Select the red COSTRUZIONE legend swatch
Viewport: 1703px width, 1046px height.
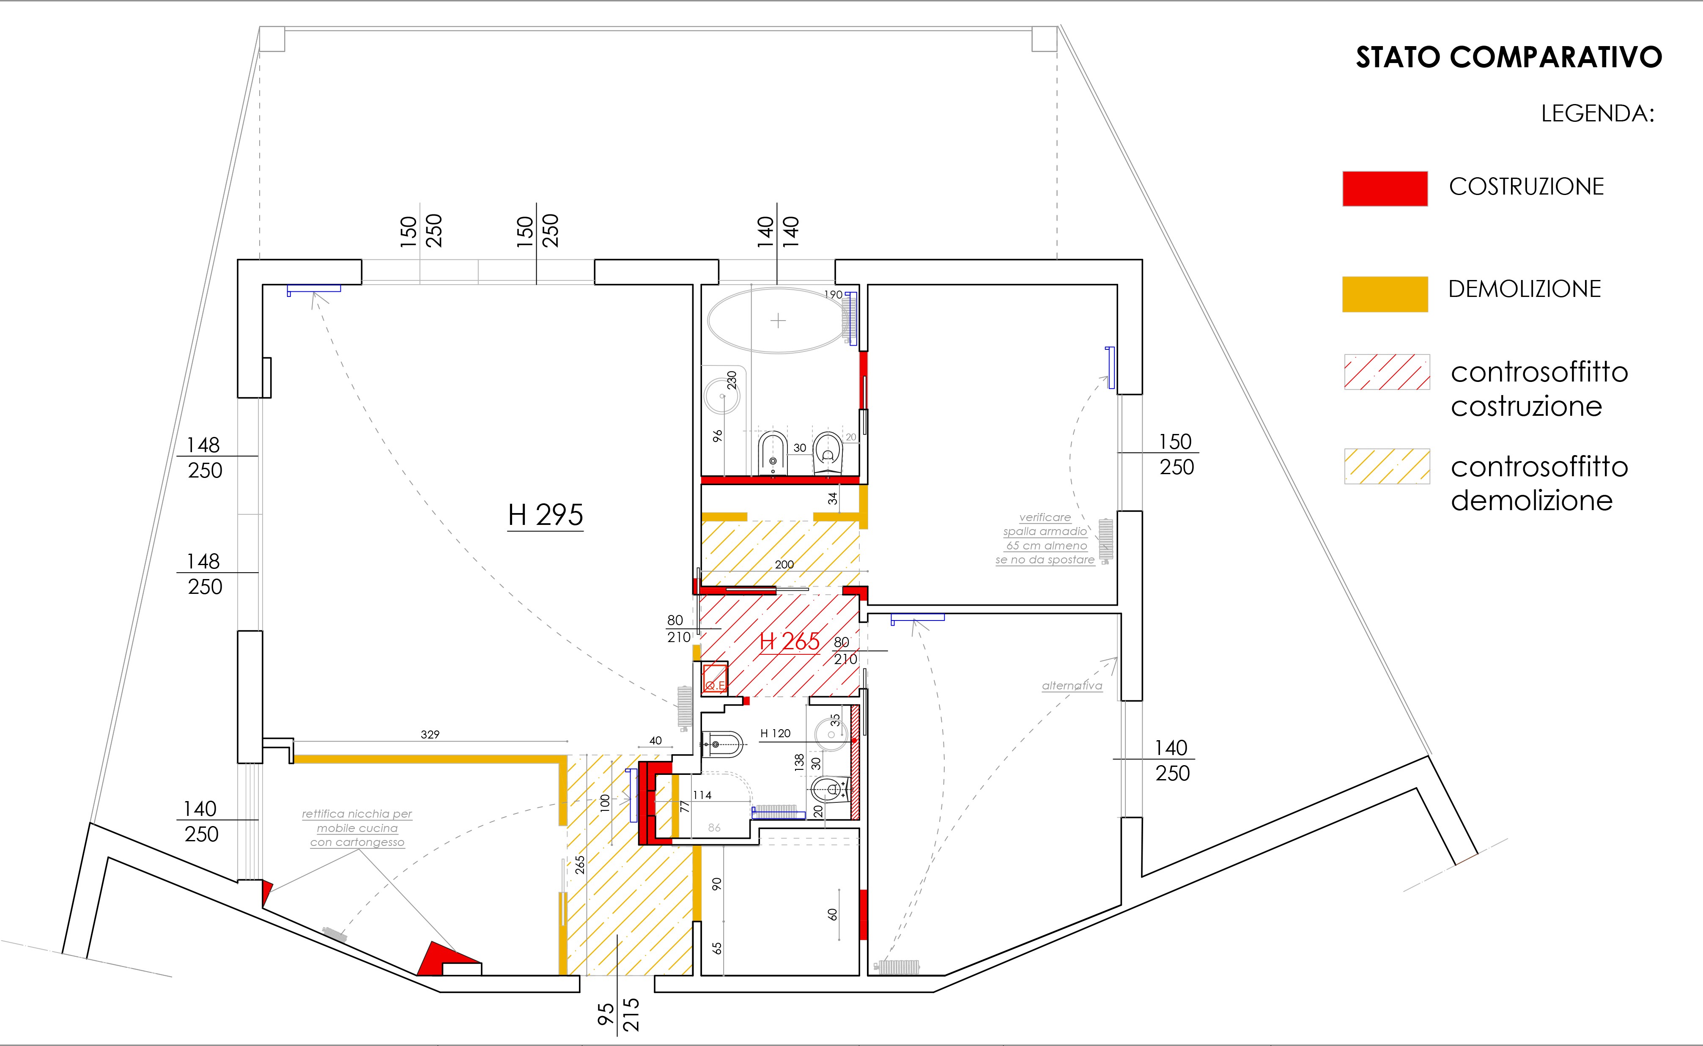click(1385, 188)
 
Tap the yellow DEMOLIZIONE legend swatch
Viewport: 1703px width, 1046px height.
click(1385, 294)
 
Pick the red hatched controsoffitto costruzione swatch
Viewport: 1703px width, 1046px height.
click(1386, 372)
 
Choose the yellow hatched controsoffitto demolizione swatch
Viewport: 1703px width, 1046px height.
click(1386, 466)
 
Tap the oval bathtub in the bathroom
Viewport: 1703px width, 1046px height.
click(778, 321)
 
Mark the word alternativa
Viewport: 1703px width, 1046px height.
click(1072, 686)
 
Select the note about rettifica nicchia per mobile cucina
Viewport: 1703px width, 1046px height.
click(357, 828)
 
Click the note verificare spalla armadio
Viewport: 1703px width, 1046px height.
click(1045, 538)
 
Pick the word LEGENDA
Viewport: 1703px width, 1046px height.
click(1597, 113)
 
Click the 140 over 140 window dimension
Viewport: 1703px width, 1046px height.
click(777, 232)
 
